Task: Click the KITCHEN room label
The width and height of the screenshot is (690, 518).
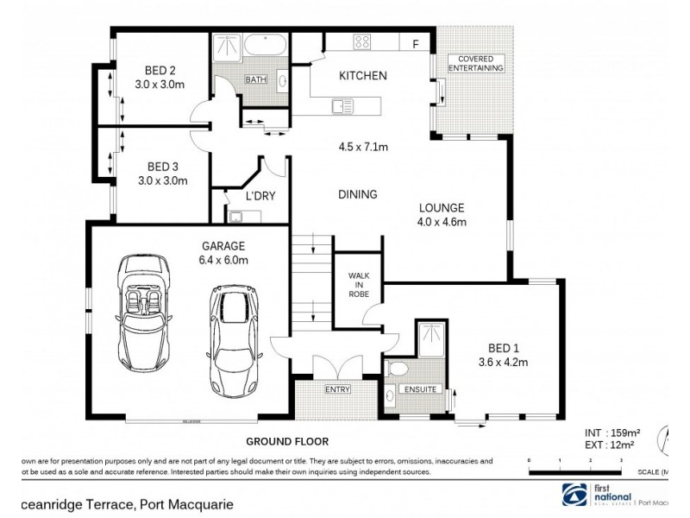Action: (362, 76)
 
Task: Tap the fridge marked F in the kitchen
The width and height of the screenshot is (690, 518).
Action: (416, 44)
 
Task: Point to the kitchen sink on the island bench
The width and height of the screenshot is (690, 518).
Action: (342, 106)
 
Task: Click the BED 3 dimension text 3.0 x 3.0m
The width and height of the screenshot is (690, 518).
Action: (161, 180)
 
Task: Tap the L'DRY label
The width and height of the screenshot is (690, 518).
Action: (260, 196)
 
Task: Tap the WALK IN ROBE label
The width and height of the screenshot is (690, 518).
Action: (358, 286)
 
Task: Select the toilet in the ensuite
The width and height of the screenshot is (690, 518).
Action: (398, 369)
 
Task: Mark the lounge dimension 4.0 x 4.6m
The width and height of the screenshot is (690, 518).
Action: (442, 223)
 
